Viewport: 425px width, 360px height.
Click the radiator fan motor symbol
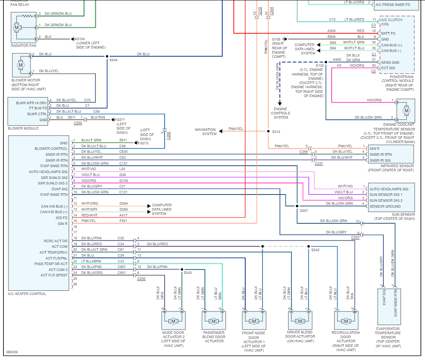16,27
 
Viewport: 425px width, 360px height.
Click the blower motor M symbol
21,65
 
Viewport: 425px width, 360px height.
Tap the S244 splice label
113,60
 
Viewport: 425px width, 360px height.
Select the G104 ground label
81,39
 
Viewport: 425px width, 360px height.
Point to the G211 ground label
121,119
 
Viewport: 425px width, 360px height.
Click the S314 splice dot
268,131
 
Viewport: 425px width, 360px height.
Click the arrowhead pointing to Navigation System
221,131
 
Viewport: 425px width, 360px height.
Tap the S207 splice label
304,210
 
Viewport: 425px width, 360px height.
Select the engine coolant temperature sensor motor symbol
406,111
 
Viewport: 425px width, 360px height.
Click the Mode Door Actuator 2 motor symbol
173,321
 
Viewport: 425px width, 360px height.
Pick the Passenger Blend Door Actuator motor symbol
214,321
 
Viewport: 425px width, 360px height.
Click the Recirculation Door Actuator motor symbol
346,321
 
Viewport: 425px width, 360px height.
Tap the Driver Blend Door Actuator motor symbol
300,321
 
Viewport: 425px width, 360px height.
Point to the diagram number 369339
12,352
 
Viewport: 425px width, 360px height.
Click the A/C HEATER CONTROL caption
27,294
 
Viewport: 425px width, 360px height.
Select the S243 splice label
187,273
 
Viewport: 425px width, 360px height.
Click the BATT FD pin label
388,33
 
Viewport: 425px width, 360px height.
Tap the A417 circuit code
123,215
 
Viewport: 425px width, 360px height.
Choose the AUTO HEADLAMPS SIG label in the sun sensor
389,189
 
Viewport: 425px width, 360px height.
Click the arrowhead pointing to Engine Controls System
280,103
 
